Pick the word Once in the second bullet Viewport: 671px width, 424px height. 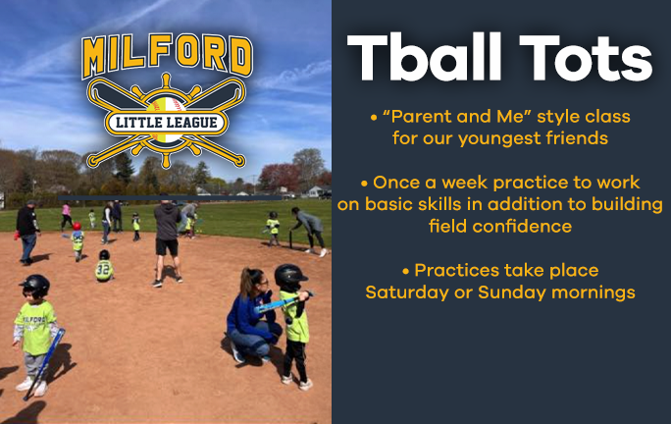[x=396, y=183]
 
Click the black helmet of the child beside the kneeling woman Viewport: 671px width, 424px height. [x=289, y=275]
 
